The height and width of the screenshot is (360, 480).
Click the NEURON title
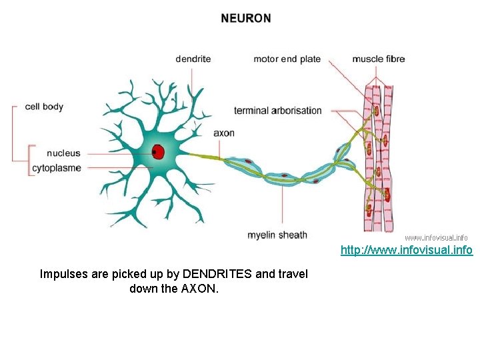pos(246,19)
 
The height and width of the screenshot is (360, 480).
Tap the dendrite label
pos(193,59)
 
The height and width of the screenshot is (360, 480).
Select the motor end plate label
pos(287,59)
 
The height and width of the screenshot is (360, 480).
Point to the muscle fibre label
pos(378,59)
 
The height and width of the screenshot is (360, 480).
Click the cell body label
pos(44,106)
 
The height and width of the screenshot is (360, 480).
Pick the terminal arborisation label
pos(277,111)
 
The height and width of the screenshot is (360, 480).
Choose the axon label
pos(224,133)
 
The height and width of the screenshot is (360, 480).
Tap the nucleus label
pos(63,153)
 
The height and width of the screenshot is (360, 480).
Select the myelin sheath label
pos(277,234)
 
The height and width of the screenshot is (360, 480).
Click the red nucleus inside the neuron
pos(158,152)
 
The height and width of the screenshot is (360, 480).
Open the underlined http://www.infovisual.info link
pos(407,251)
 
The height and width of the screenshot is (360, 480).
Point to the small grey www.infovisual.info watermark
pos(436,237)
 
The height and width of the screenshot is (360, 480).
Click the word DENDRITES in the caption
pos(219,274)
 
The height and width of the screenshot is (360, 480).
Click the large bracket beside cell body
pos(14,137)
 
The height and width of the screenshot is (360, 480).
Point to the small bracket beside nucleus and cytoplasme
pos(29,160)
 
